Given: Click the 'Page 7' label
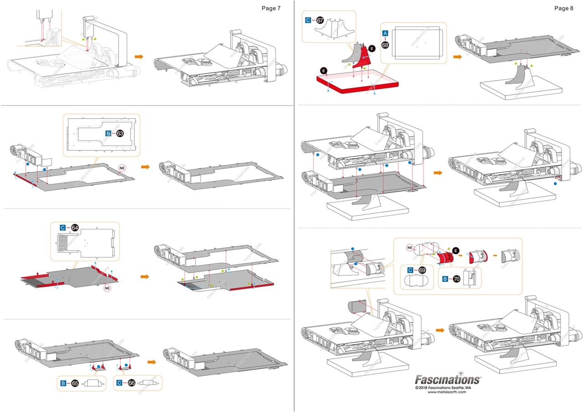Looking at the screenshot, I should [x=271, y=8].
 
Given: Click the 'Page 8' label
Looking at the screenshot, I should [x=564, y=8].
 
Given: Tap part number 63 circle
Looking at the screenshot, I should [x=120, y=133].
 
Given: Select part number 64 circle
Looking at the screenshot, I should [x=75, y=228].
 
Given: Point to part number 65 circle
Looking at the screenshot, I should [x=75, y=383].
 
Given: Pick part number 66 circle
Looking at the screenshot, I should [x=132, y=383].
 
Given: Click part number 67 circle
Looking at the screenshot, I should [x=320, y=20].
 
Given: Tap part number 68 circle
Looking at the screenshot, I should [x=385, y=45].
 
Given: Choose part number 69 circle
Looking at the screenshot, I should [x=422, y=270].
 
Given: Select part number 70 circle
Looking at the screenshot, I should [x=456, y=279].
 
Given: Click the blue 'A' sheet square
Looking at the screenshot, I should [x=385, y=33].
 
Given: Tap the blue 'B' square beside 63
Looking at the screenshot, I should [x=108, y=133].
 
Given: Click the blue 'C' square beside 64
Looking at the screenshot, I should [x=63, y=228].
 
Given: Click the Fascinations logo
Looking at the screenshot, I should [x=447, y=379].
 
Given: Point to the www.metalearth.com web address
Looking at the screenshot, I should [x=447, y=392].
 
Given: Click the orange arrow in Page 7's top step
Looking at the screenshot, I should [x=139, y=56].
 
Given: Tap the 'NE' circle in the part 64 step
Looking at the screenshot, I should [x=107, y=288].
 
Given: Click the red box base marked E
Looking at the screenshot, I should [x=358, y=85].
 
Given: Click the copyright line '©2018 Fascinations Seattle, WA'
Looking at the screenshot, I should [x=447, y=387].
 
